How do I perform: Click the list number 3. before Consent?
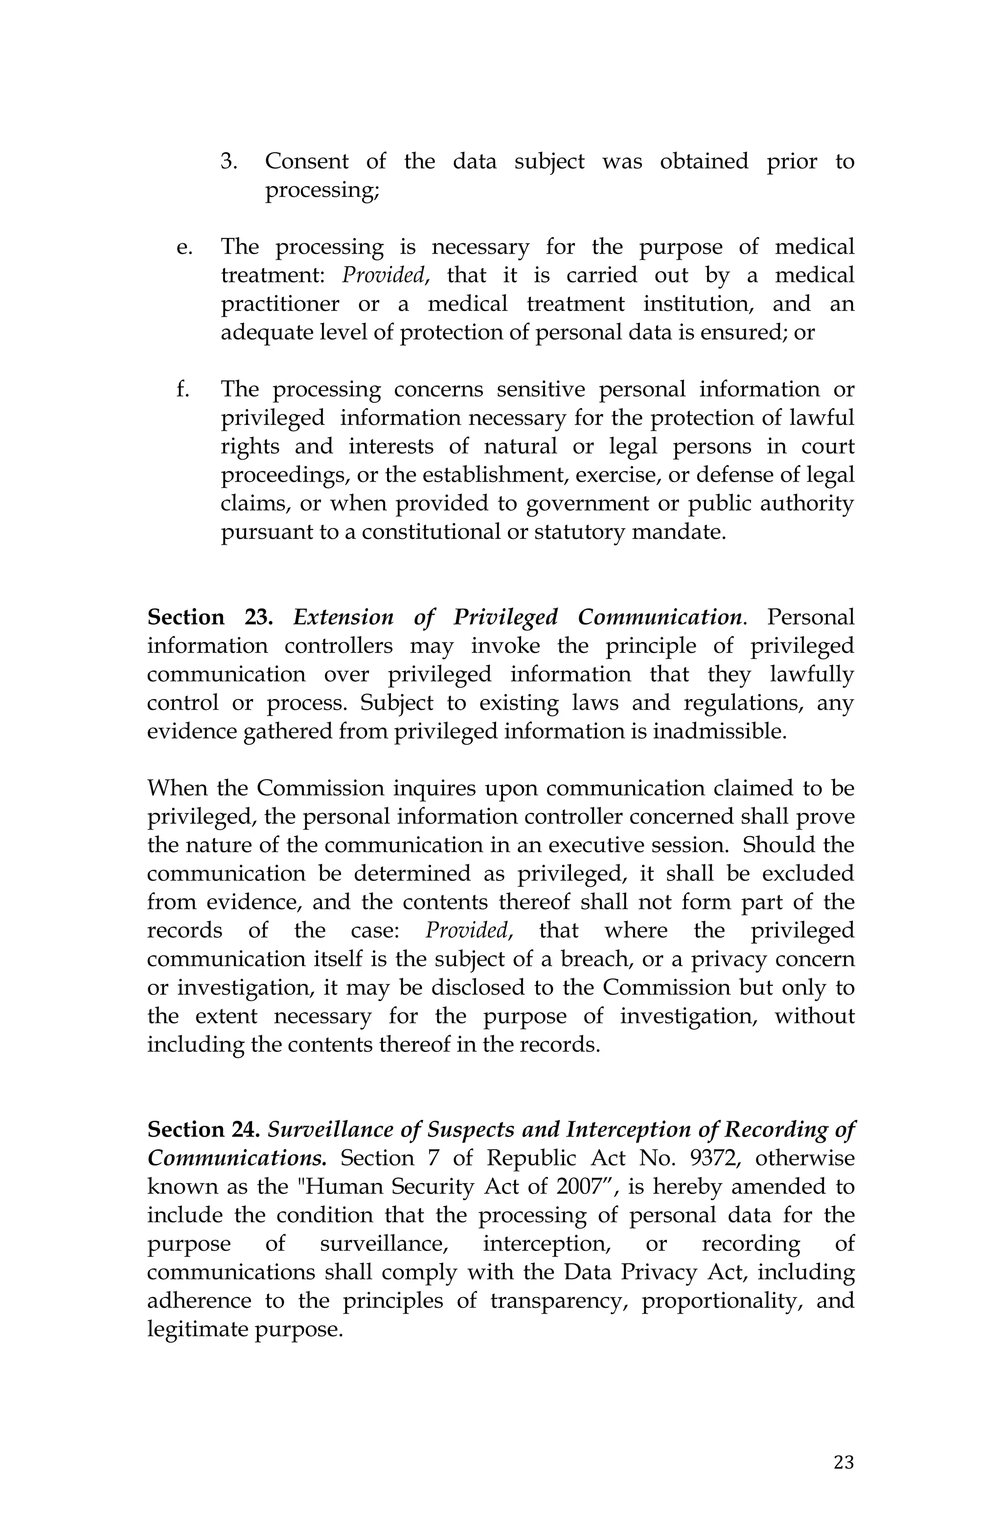point(229,162)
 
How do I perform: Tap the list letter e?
point(184,248)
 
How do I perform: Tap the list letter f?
point(182,390)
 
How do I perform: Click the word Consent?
point(306,162)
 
